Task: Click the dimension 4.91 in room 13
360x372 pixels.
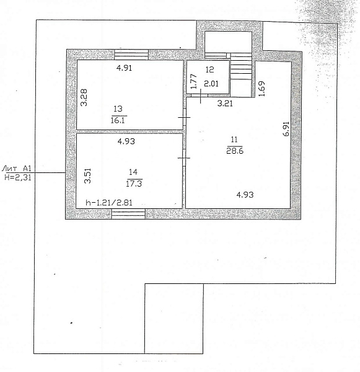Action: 124,68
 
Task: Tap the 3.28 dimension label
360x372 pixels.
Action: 84,97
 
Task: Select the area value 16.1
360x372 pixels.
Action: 118,120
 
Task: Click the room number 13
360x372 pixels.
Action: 118,109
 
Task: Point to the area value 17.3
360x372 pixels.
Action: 134,184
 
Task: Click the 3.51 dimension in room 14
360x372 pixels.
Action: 87,176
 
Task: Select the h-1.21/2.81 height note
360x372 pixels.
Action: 109,202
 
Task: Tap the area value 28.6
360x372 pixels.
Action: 235,151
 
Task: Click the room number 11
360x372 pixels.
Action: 234,139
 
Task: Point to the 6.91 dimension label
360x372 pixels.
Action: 286,129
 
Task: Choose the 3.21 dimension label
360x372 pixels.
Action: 225,104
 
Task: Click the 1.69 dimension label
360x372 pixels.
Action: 261,89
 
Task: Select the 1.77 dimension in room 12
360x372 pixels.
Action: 193,81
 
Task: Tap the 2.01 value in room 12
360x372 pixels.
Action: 211,84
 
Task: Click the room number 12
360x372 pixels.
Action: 209,69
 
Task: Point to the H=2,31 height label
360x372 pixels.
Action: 18,177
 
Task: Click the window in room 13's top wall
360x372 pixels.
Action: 131,55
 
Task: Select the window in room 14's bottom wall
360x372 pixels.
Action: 128,213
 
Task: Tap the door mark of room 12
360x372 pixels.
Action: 200,96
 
